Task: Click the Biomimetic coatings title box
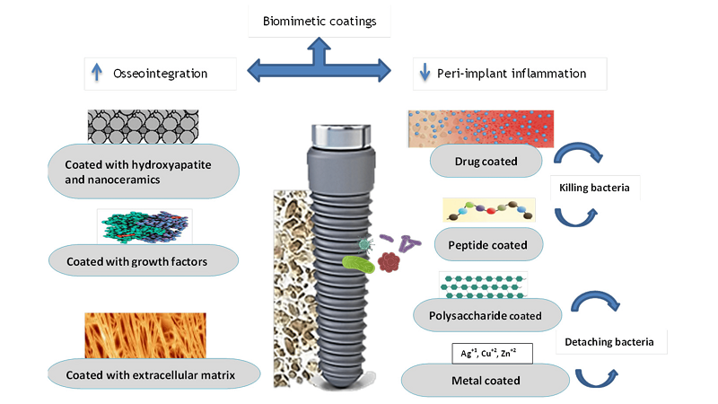pyautogui.click(x=319, y=21)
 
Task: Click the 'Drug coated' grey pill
pyautogui.click(x=486, y=162)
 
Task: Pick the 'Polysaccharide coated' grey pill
pyautogui.click(x=488, y=314)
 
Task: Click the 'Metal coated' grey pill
pyautogui.click(x=486, y=379)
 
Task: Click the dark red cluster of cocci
pyautogui.click(x=390, y=261)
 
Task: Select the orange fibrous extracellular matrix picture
pyautogui.click(x=144, y=335)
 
